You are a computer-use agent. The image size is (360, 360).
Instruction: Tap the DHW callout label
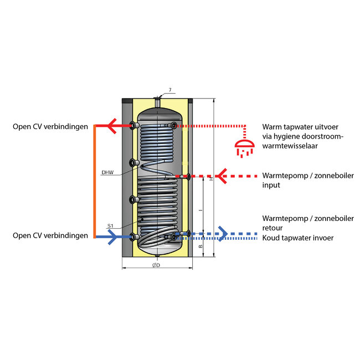tap(107, 173)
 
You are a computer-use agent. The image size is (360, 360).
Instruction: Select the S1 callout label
tap(110, 226)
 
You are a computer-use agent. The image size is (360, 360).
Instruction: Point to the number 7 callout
tap(170, 90)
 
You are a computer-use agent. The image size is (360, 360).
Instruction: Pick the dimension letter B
tap(200, 246)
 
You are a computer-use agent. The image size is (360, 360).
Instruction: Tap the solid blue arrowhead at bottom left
tap(112, 237)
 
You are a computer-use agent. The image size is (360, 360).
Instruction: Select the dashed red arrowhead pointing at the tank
tap(221, 176)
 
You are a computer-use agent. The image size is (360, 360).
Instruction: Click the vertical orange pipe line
tap(95, 182)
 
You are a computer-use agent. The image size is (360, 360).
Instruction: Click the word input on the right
tap(271, 185)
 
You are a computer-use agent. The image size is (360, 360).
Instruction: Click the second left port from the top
tap(133, 163)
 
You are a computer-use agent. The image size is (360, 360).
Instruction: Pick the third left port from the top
tap(133, 200)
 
